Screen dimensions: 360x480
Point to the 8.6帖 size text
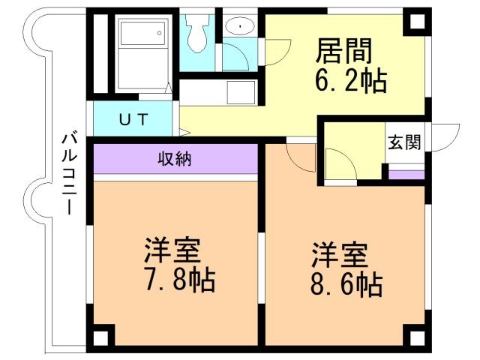point(346,284)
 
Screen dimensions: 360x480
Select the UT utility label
point(135,118)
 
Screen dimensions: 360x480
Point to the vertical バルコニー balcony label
point(70,174)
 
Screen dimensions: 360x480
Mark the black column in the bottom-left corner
point(103,335)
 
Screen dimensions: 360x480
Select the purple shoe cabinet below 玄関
point(406,175)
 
